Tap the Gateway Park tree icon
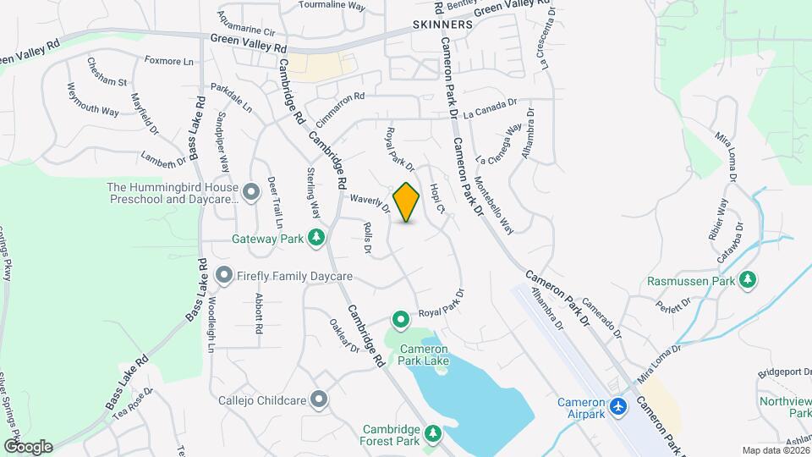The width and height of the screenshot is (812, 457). (316, 238)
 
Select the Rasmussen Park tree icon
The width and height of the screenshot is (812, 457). (747, 279)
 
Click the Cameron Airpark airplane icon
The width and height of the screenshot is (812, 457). (619, 407)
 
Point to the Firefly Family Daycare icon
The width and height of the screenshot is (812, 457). (224, 276)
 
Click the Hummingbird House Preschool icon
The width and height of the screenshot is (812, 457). (251, 193)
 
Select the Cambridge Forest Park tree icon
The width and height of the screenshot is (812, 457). (433, 433)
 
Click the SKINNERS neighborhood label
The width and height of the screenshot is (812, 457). (442, 25)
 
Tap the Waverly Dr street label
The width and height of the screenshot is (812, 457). (369, 202)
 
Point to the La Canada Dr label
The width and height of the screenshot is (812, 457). (490, 108)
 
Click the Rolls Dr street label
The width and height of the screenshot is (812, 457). (367, 238)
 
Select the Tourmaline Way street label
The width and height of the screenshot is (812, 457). (332, 6)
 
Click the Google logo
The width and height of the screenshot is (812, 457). (28, 446)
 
